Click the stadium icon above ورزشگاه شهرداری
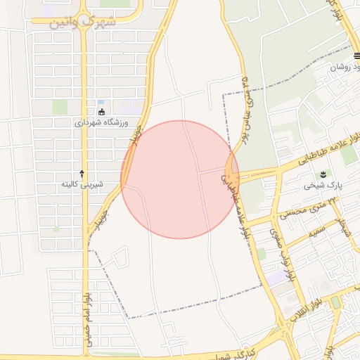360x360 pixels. [x=102, y=111]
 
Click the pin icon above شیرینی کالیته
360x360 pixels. [x=82, y=173]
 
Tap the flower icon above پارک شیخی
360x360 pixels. [x=323, y=174]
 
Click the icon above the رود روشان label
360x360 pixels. [x=357, y=56]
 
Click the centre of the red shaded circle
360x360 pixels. [x=180, y=179]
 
